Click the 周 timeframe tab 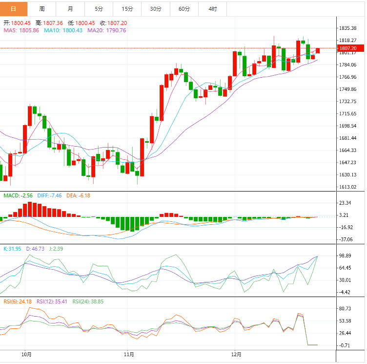(42, 9)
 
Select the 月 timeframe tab (71, 9)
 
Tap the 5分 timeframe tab (99, 9)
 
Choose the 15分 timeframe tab (127, 9)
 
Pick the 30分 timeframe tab (156, 9)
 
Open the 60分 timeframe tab (184, 9)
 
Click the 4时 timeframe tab (212, 9)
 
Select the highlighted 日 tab (13, 9)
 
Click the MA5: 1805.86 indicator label (21, 30)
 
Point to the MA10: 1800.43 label (62, 30)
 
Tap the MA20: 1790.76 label (106, 30)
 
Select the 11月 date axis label (129, 354)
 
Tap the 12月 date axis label (236, 354)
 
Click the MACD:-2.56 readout (18, 195)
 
